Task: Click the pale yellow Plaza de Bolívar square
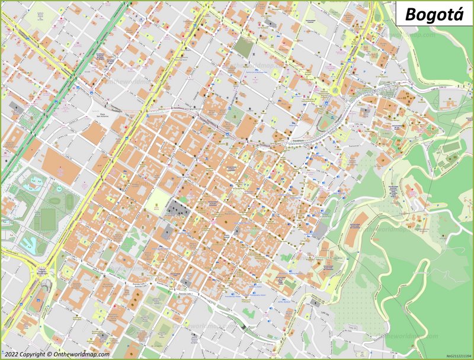coord(157,200)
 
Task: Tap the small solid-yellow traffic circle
coord(336,91)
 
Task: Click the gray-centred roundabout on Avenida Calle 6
coord(42,274)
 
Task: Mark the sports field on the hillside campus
coord(451,146)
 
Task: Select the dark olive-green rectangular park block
coord(243,46)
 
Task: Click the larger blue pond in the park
coord(28,243)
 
